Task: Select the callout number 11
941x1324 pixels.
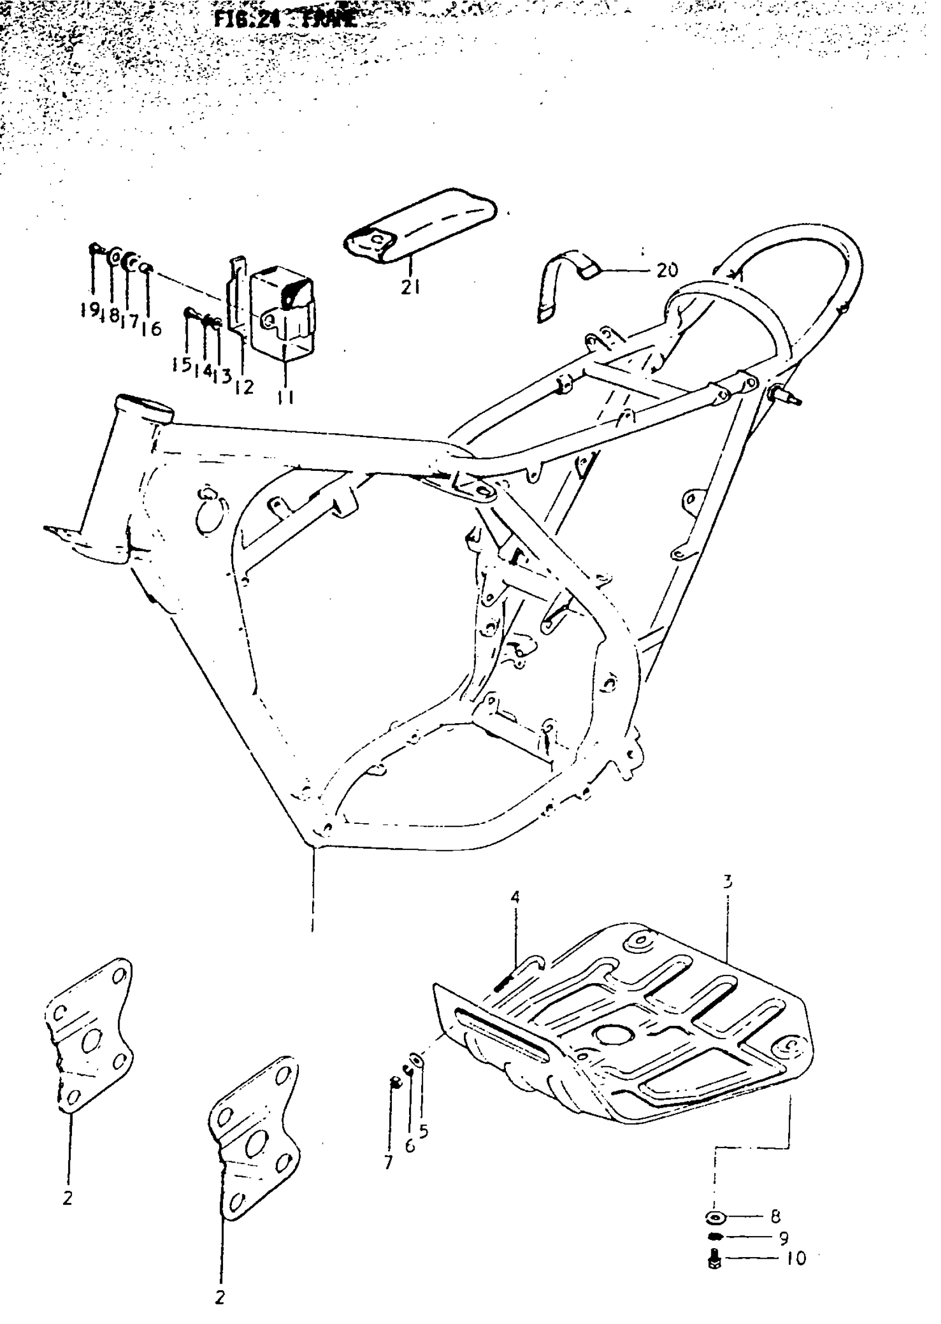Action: [x=285, y=397]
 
